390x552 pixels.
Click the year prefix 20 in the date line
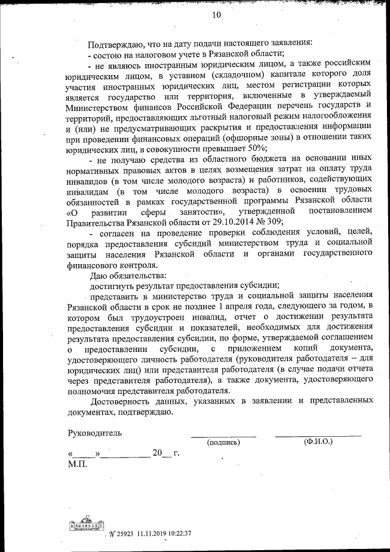tap(158, 453)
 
